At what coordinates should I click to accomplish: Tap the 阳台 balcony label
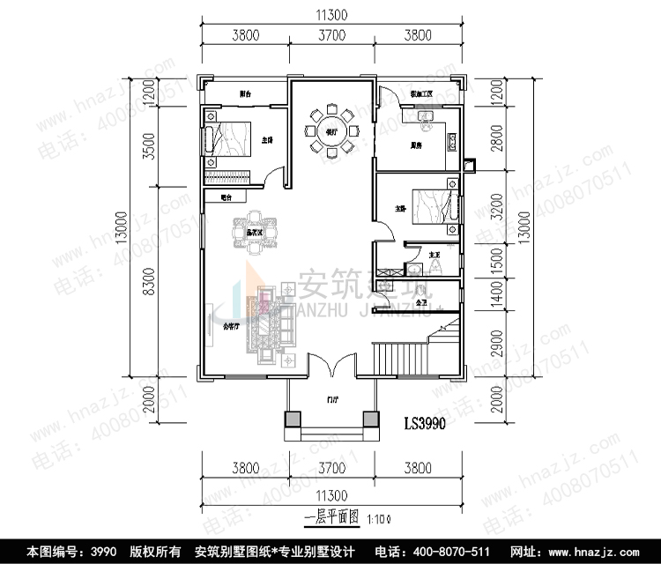pos(247,93)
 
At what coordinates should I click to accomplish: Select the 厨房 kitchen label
pos(414,145)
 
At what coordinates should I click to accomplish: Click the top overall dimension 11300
pos(331,14)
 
